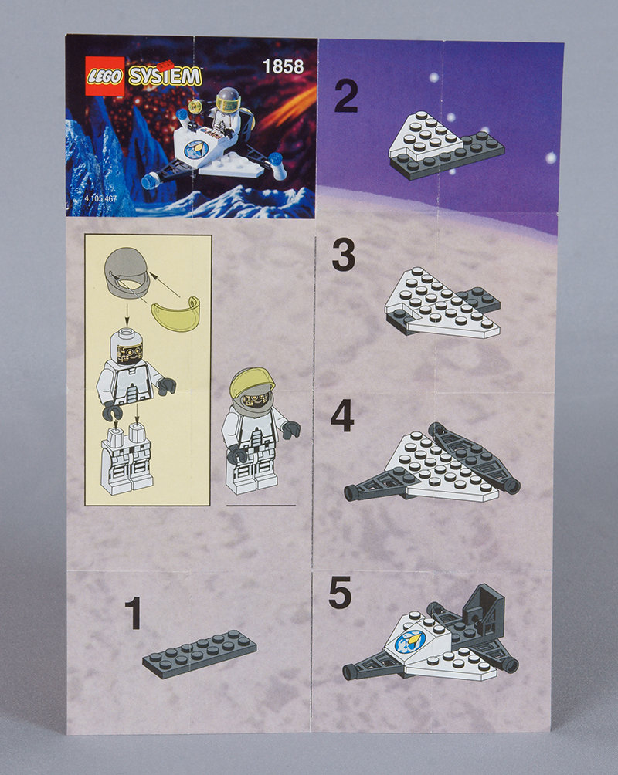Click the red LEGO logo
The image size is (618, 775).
pyautogui.click(x=104, y=76)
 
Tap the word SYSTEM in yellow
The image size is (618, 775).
pyautogui.click(x=165, y=76)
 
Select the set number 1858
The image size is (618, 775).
pyautogui.click(x=283, y=66)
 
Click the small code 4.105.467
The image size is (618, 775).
pyautogui.click(x=100, y=198)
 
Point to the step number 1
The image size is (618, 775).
pyautogui.click(x=133, y=613)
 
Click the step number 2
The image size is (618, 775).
pyautogui.click(x=346, y=96)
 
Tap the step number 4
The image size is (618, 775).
pyautogui.click(x=342, y=415)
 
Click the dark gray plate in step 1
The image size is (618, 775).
pyautogui.click(x=199, y=653)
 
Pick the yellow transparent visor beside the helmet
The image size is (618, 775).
pyautogui.click(x=176, y=313)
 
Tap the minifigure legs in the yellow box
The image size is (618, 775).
pyautogui.click(x=126, y=459)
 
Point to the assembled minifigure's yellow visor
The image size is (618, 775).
pyautogui.click(x=253, y=381)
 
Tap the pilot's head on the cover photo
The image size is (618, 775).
pyautogui.click(x=228, y=100)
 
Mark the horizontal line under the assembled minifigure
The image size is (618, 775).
pyautogui.click(x=261, y=506)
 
